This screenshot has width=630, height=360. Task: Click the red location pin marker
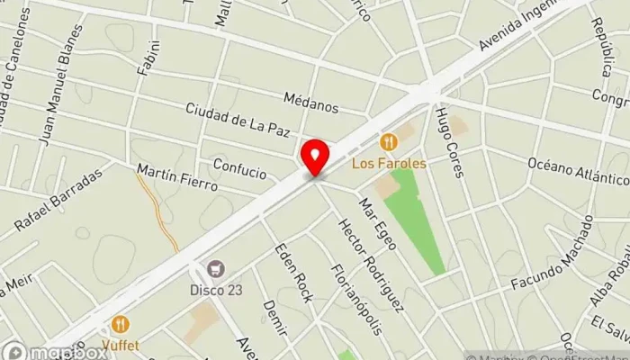pos(314,157)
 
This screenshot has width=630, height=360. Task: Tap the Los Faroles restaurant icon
pos(389,141)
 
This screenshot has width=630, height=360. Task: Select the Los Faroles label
pos(389,163)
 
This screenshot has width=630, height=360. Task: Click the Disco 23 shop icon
pos(214,268)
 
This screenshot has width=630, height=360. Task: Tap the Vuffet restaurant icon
pos(119,324)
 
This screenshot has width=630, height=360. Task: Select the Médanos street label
pos(310,105)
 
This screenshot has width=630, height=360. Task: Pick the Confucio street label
pos(239,167)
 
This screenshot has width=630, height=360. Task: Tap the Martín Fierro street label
pos(177,176)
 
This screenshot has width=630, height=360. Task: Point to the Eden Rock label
pos(293,273)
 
